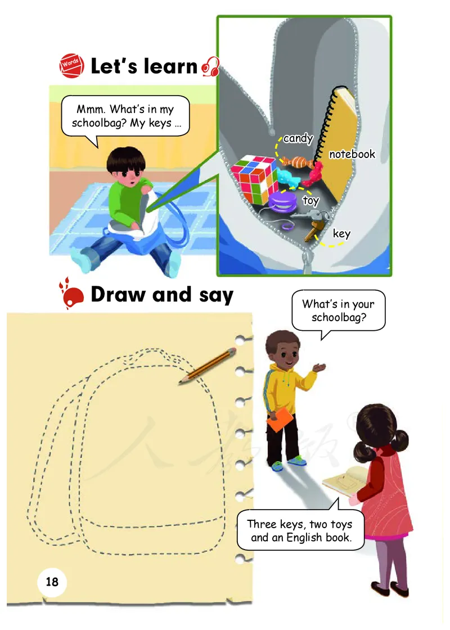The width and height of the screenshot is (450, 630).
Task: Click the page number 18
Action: [52, 582]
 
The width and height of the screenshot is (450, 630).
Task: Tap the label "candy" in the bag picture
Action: [298, 138]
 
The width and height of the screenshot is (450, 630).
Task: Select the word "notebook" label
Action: [352, 154]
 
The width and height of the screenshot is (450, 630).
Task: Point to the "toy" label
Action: [310, 200]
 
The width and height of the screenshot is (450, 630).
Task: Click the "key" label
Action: [341, 233]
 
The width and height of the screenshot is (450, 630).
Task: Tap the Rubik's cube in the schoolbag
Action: [254, 179]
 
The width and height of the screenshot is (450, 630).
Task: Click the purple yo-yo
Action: [283, 201]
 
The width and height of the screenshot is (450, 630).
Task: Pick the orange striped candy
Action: [298, 162]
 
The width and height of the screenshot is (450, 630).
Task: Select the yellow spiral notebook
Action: [337, 141]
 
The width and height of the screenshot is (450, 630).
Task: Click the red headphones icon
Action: [210, 66]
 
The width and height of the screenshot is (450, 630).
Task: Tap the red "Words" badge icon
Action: [71, 65]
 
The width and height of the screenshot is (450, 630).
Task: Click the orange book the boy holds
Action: [280, 420]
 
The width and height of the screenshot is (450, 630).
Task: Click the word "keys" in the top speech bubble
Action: [160, 123]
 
